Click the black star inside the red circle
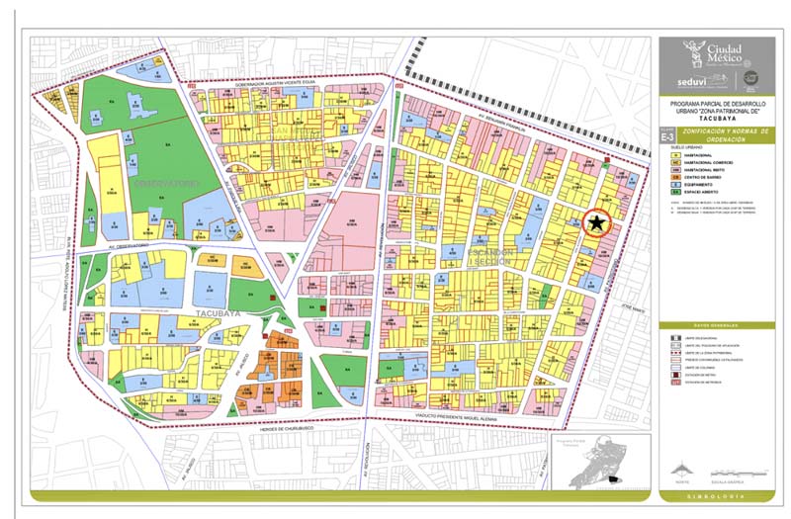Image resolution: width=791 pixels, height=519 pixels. [x=597, y=224]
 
